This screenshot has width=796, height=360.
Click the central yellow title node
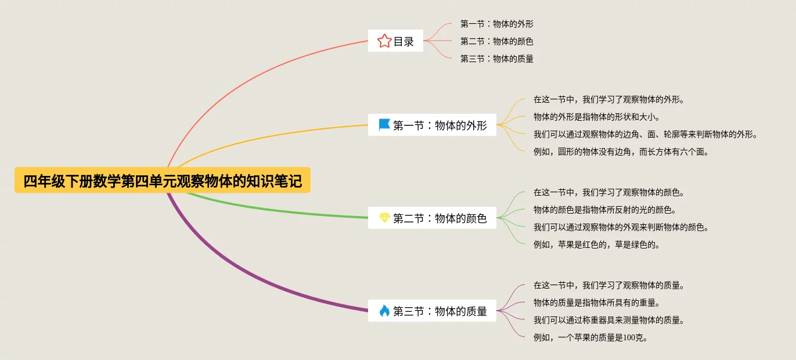163,181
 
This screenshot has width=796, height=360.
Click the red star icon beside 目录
384,41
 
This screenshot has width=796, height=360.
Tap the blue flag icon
384,125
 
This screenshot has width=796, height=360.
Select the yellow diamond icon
384,218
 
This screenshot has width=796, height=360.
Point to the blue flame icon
384,311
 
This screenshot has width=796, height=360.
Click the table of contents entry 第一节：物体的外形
496,24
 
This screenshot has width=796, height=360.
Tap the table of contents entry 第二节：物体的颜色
496,41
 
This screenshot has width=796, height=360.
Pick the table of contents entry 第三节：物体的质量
496,59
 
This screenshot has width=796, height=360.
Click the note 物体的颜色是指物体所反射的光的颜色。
604,210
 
